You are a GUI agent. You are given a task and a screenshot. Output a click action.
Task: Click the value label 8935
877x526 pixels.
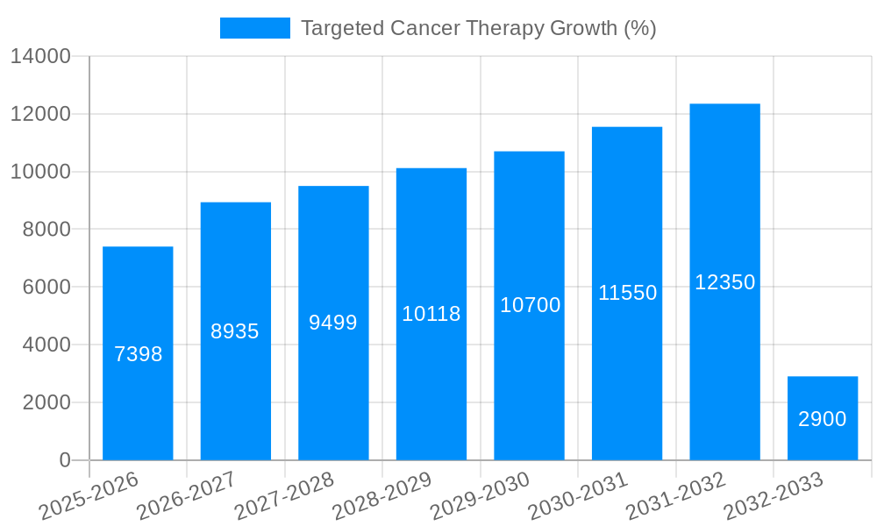pyautogui.click(x=235, y=331)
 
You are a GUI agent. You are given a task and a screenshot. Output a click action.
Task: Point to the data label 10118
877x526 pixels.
pyautogui.click(x=431, y=314)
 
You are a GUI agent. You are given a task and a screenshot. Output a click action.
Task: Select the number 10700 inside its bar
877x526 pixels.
pyautogui.click(x=530, y=305)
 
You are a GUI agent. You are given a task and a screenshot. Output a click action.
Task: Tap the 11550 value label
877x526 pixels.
pyautogui.click(x=627, y=293)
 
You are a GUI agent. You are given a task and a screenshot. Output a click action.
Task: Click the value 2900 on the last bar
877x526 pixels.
pyautogui.click(x=823, y=419)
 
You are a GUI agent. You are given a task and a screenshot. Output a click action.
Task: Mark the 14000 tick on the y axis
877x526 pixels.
pyautogui.click(x=40, y=57)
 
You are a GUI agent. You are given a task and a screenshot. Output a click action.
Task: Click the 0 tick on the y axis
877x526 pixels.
pyautogui.click(x=64, y=460)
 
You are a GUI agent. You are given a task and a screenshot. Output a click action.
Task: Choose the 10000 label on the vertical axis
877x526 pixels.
pyautogui.click(x=40, y=172)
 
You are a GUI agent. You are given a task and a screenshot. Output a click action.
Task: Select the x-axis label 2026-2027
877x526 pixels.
pyautogui.click(x=187, y=496)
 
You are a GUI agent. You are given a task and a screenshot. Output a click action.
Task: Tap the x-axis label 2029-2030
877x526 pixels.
pyautogui.click(x=481, y=496)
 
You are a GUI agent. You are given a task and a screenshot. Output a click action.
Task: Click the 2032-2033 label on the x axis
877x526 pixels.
pyautogui.click(x=774, y=496)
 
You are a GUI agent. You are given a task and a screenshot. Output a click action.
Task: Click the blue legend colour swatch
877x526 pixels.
pyautogui.click(x=254, y=28)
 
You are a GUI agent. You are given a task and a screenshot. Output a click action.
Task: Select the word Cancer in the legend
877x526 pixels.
pyautogui.click(x=416, y=28)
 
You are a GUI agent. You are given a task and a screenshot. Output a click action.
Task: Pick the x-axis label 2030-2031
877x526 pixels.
pyautogui.click(x=579, y=496)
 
